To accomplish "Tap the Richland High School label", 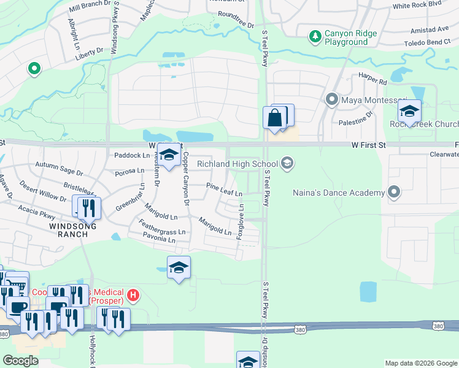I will tap(237, 164).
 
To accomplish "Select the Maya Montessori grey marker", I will tap(332, 99).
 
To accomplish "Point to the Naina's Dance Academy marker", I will tap(394, 193).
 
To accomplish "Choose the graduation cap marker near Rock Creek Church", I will tap(409, 112).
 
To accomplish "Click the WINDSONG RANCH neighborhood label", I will tap(66, 226).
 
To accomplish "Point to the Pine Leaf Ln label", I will tap(224, 189).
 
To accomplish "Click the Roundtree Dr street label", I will tap(236, 20).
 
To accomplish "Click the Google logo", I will tap(20, 360).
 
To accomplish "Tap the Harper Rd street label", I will tap(374, 80).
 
